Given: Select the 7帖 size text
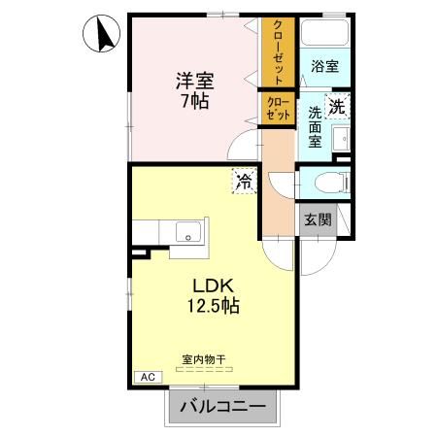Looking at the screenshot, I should [x=194, y=101].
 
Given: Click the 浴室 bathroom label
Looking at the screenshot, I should [x=325, y=66].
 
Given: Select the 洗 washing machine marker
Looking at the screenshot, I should [x=336, y=108].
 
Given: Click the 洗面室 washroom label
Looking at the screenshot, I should [x=315, y=126].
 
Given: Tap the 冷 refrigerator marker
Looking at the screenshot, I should [x=243, y=181].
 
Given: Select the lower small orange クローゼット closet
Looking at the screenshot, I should [x=277, y=109].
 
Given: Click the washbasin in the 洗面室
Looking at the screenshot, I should [x=343, y=143].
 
